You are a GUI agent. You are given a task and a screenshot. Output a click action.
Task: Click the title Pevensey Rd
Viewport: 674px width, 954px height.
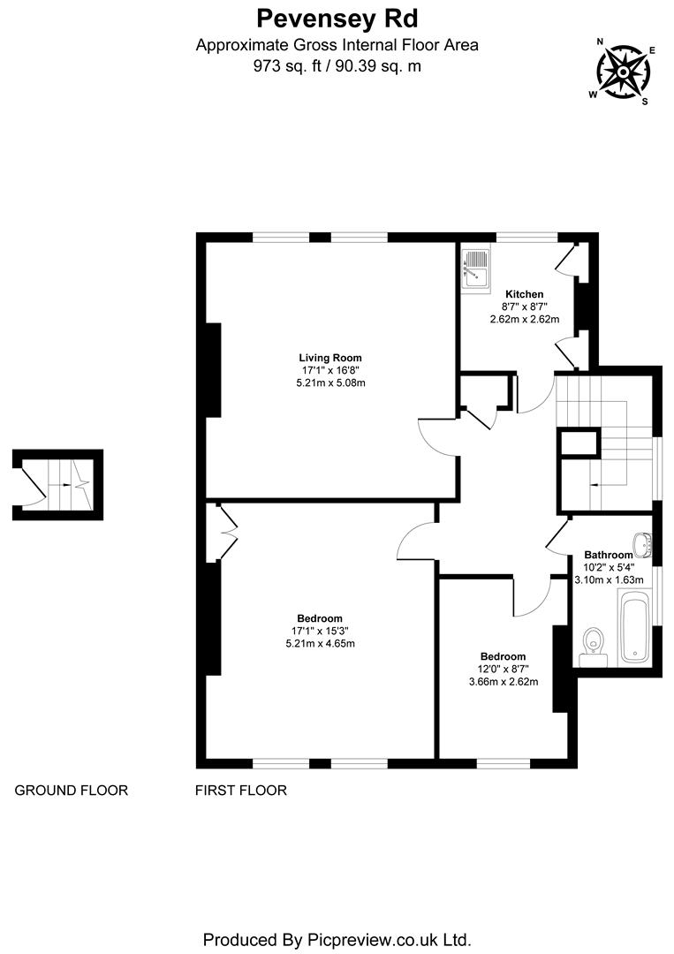(x=337, y=18)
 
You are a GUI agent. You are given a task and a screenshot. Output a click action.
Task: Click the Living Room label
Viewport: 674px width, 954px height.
(x=330, y=357)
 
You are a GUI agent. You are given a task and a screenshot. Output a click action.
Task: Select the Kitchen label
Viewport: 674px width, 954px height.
(x=524, y=294)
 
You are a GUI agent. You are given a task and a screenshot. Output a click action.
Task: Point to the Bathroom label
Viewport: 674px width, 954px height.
(x=608, y=555)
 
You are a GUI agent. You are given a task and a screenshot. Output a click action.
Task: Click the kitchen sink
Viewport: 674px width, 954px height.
(x=474, y=268)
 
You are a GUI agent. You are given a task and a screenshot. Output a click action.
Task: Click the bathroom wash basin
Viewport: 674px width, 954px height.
(x=643, y=545)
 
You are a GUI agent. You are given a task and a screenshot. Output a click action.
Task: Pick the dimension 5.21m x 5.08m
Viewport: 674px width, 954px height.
(x=330, y=382)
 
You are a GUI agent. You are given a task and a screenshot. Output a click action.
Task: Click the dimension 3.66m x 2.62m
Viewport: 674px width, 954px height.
(x=503, y=682)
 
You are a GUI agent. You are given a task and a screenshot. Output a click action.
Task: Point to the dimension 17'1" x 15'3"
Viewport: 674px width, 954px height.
(x=319, y=631)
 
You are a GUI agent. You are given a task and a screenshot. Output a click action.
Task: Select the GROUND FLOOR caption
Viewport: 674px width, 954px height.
(x=71, y=791)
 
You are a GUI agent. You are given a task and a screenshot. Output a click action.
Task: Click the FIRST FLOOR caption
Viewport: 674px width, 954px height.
(x=240, y=791)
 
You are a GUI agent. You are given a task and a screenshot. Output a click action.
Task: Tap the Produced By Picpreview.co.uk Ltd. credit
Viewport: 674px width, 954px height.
(x=337, y=938)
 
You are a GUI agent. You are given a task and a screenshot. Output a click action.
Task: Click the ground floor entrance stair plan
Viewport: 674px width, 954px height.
(x=58, y=484)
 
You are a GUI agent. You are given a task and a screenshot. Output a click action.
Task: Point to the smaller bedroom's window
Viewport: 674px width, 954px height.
(x=503, y=762)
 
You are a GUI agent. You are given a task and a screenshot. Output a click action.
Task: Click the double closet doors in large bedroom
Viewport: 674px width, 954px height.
(x=224, y=533)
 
